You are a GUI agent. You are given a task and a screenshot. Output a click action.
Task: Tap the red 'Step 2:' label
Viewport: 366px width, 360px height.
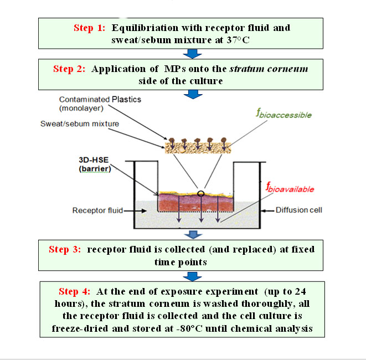70,69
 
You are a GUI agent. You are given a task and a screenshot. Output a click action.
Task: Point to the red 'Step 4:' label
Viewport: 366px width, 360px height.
76,291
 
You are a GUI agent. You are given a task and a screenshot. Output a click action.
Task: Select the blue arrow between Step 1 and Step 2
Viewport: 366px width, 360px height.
192,54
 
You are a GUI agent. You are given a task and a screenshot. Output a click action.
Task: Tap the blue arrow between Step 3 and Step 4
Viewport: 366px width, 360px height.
192,275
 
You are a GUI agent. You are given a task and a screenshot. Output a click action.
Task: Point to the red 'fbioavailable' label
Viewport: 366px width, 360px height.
290,189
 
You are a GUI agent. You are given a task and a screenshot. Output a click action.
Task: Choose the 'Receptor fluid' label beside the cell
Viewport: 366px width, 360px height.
95,210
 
